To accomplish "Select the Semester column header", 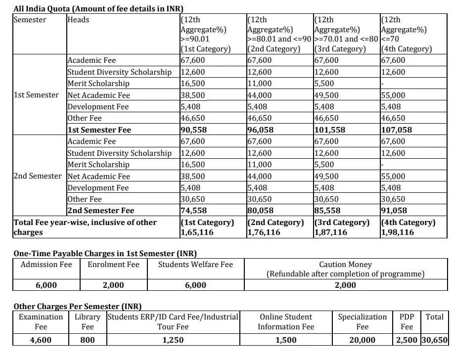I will (x=30, y=20).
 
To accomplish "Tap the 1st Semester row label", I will (x=36, y=95).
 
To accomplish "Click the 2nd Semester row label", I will (x=38, y=176).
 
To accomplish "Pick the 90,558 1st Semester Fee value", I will (x=194, y=130).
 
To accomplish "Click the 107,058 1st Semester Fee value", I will (x=396, y=130).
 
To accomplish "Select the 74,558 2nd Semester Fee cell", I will (x=194, y=211).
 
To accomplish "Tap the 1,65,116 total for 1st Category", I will (x=197, y=232).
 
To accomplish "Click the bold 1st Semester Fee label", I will (x=99, y=130).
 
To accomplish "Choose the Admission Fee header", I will (x=46, y=265).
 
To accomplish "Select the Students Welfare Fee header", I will (x=195, y=265).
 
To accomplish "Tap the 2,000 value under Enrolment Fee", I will (x=113, y=285).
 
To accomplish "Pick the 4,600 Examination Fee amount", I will (x=41, y=340).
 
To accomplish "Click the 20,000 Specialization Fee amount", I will (x=362, y=340).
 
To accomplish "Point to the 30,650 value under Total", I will (x=434, y=340).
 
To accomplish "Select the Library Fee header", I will (x=88, y=321).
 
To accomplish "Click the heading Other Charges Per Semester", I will (x=74, y=307).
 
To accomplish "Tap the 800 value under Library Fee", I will (x=88, y=340).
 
